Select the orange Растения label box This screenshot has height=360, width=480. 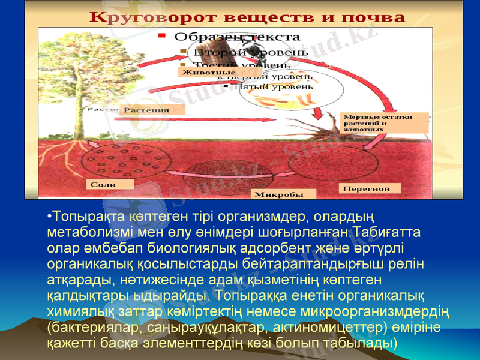tap(154, 110)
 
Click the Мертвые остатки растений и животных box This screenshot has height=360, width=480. tap(385, 122)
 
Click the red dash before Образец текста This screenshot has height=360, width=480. tap(161, 37)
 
